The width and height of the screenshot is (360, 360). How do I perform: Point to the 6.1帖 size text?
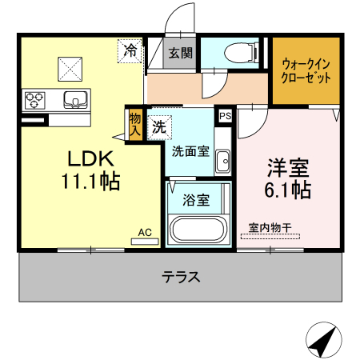coord(289,191)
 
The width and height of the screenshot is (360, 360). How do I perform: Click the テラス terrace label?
coord(181,278)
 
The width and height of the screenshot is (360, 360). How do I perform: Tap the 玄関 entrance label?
coord(180,54)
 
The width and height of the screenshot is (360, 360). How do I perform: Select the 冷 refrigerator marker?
coord(131,50)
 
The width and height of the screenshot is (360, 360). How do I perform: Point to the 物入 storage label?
coord(134,124)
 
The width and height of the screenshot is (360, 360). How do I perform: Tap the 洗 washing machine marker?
coord(158,126)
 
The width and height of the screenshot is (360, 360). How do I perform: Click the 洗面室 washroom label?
coord(190,150)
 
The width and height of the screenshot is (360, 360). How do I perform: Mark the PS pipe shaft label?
coord(225,115)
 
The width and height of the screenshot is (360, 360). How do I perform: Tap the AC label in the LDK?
coord(145,232)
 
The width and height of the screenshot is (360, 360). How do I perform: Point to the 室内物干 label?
coord(270,226)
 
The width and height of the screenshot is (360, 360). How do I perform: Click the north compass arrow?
coord(322,342)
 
